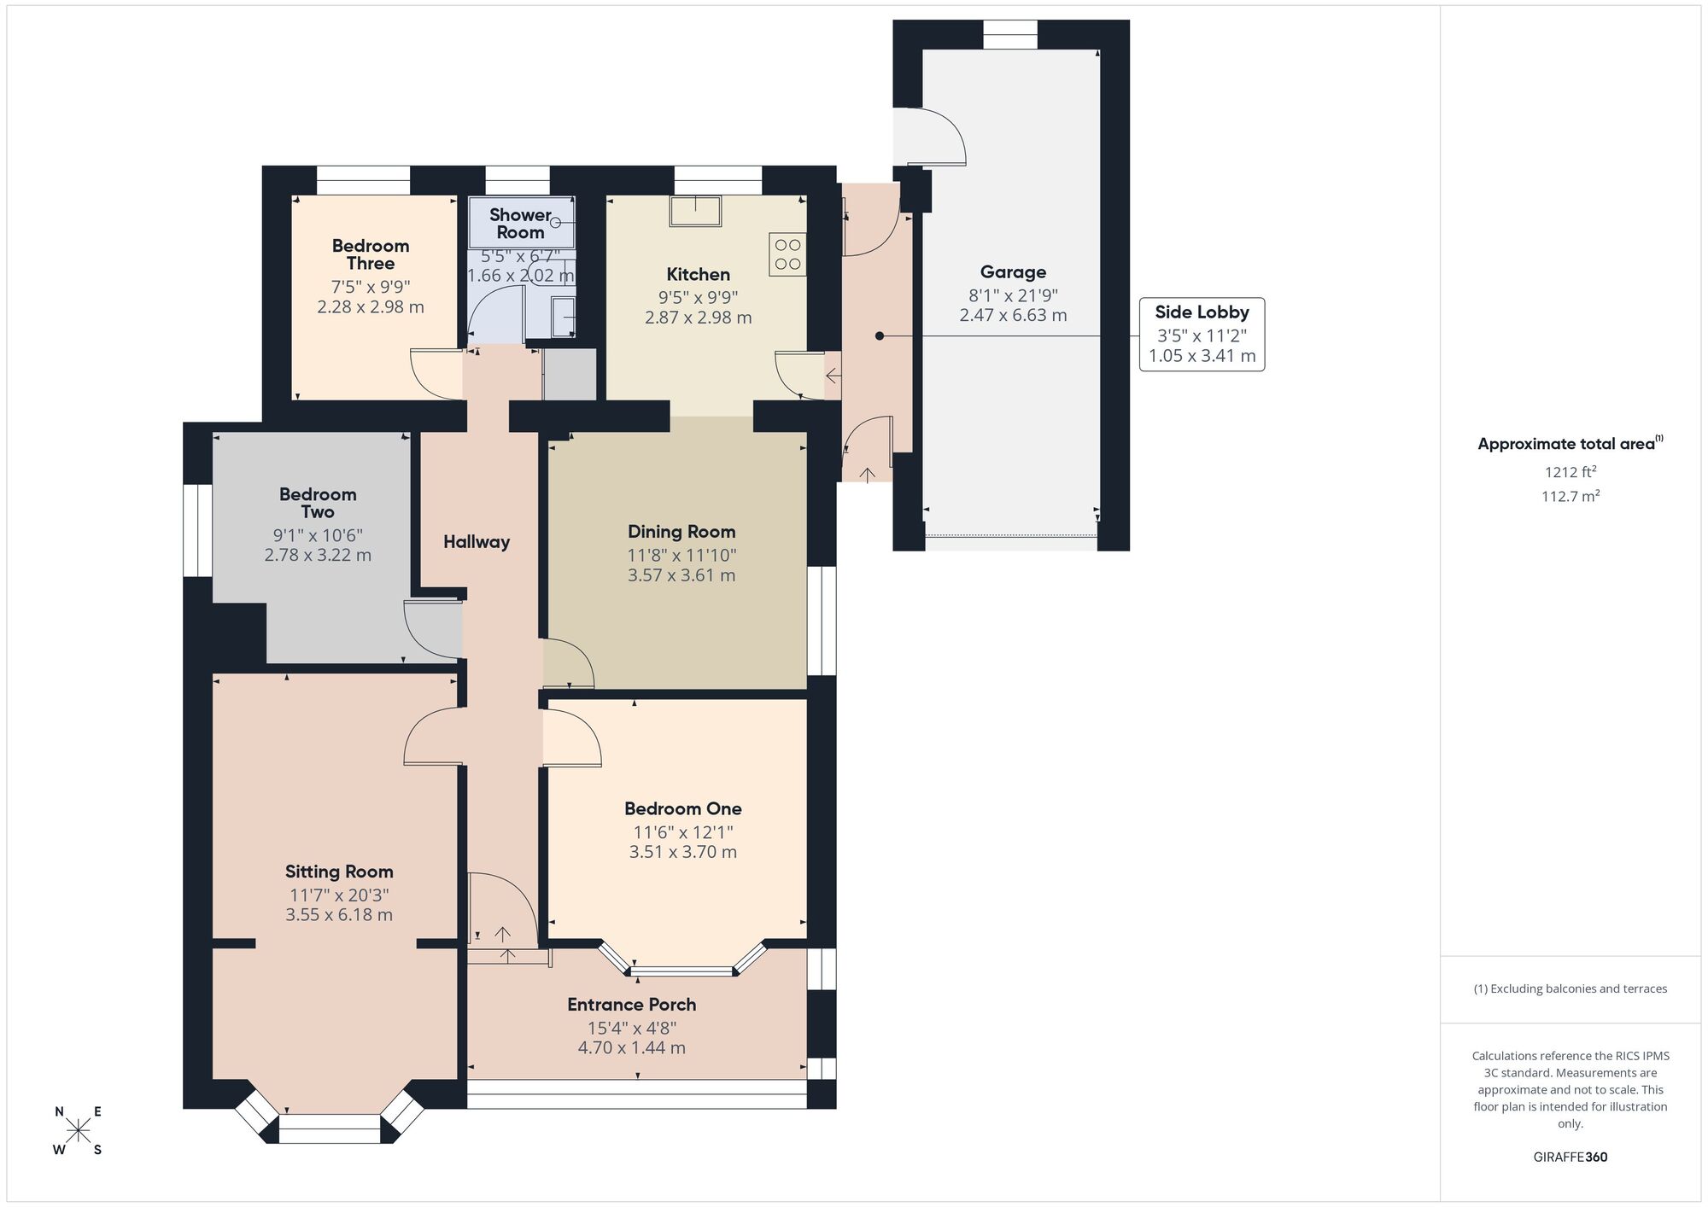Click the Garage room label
click(1013, 272)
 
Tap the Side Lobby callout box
click(1202, 334)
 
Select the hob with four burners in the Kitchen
click(787, 254)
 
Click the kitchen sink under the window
click(695, 211)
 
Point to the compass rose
click(79, 1131)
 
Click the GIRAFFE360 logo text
click(1570, 1157)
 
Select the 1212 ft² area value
click(1570, 471)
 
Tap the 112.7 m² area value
click(1570, 496)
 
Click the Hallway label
click(476, 542)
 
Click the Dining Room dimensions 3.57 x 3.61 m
click(681, 575)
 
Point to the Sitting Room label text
click(339, 872)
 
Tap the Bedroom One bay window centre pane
click(682, 971)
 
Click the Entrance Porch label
click(631, 1005)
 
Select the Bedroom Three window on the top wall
click(363, 180)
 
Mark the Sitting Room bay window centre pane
click(329, 1128)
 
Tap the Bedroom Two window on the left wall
click(198, 531)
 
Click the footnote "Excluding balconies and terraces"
click(1570, 988)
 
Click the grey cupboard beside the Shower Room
click(570, 374)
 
